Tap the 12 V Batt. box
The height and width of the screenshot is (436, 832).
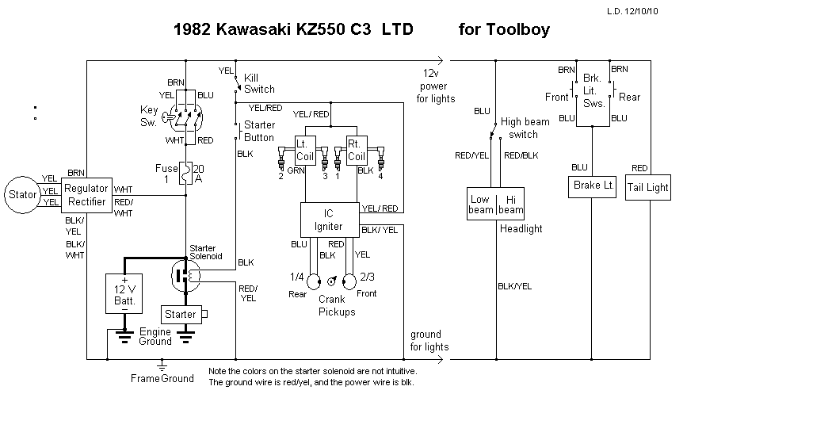[x=124, y=294]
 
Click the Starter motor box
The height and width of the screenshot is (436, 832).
[x=181, y=314]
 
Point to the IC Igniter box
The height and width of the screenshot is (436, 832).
[x=329, y=220]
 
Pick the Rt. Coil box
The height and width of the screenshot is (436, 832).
[x=356, y=149]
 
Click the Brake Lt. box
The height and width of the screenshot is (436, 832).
[x=593, y=185]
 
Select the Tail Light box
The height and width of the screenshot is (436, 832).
[x=648, y=188]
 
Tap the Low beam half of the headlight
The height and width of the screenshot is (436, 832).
[x=480, y=205]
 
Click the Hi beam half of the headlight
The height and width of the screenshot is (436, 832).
[x=511, y=205]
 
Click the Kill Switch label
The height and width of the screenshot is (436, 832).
[x=259, y=83]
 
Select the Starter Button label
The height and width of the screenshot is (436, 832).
[x=259, y=131]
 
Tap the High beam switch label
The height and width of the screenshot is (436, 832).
[x=525, y=128]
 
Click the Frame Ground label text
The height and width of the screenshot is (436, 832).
[x=162, y=378]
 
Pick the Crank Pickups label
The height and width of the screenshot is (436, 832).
[x=338, y=305]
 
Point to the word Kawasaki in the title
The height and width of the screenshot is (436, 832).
[x=251, y=30]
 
